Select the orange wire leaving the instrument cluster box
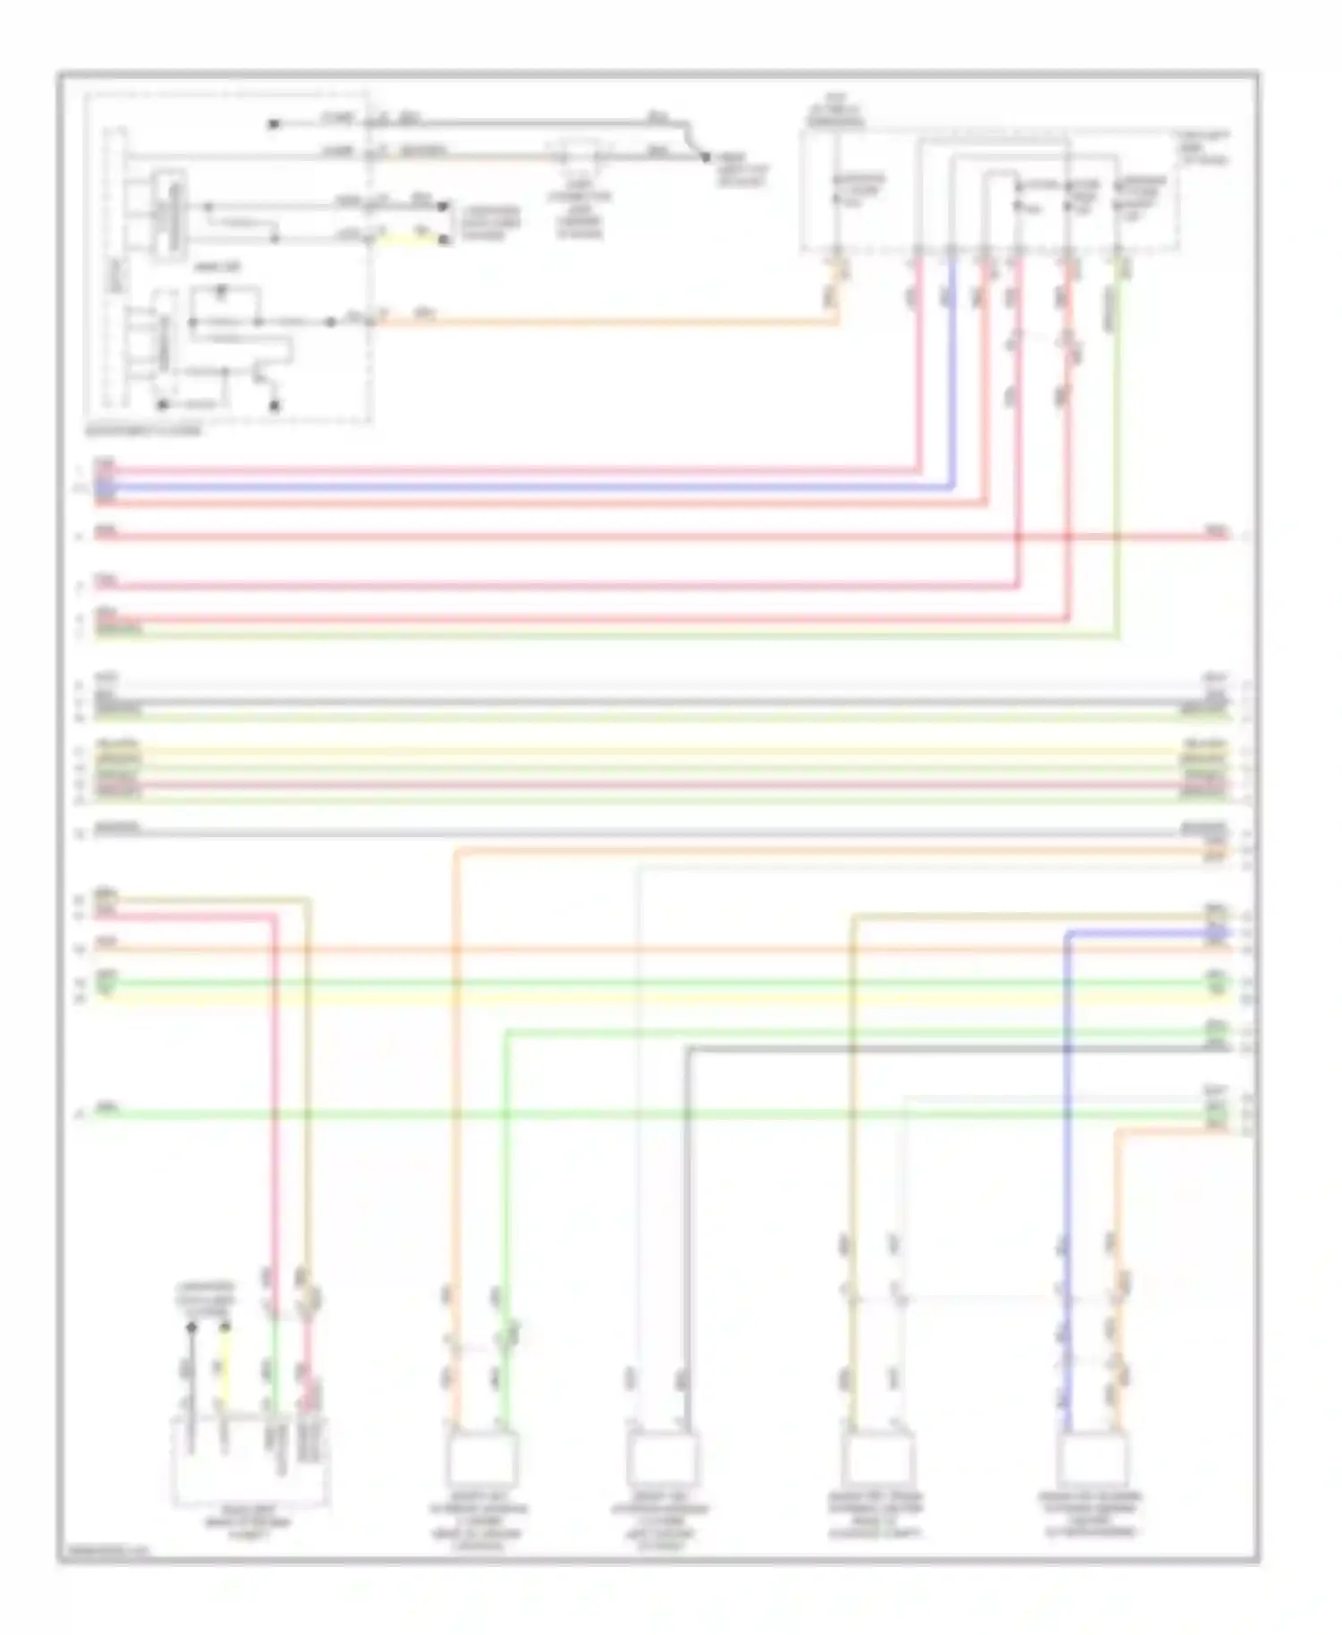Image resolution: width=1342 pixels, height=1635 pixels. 608,321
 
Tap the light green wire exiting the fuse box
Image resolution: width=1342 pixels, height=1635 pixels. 1117,447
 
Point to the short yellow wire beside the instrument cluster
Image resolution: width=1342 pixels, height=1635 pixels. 412,239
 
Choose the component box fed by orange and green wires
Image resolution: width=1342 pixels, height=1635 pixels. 481,1458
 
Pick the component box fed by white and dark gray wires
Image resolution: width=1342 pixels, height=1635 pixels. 661,1458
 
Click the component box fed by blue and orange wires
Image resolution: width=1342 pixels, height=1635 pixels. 1091,1458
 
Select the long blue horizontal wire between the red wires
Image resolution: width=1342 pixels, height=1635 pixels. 537,488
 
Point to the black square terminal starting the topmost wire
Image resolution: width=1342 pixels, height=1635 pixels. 274,123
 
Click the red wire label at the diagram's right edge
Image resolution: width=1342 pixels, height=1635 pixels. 1217,530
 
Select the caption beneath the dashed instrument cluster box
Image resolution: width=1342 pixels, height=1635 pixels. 143,430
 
